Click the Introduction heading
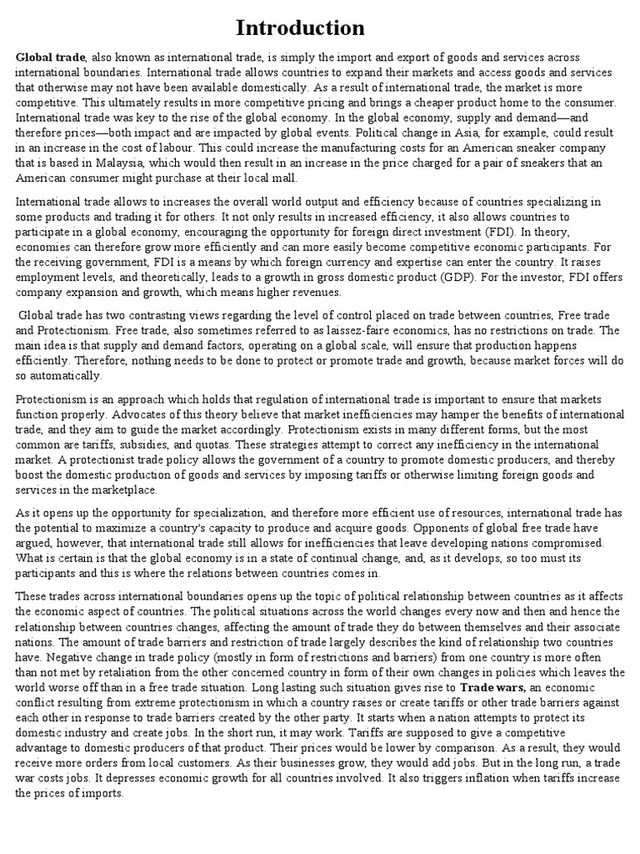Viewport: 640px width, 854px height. click(x=300, y=28)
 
